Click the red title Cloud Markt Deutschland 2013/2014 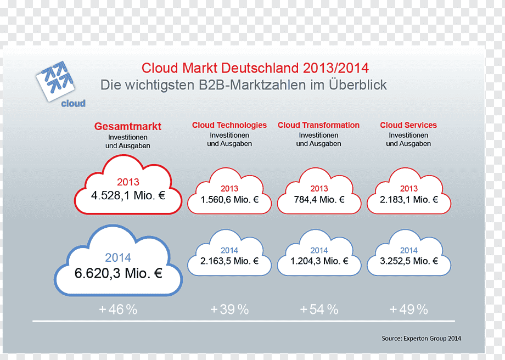click(255, 68)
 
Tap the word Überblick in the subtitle click(358, 85)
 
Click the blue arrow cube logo click(55, 81)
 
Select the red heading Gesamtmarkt click(128, 126)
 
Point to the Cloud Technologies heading click(229, 125)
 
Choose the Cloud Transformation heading click(318, 125)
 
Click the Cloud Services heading click(408, 125)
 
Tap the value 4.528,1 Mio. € click(128, 195)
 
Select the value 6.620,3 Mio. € click(119, 273)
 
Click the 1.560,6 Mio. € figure click(229, 200)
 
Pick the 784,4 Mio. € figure click(319, 200)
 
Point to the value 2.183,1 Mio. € click(409, 200)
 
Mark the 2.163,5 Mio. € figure click(229, 261)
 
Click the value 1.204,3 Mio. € click(319, 261)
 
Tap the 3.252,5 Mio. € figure click(409, 261)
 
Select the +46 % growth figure click(118, 310)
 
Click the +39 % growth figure click(229, 310)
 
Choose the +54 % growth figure click(319, 310)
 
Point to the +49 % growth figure click(409, 310)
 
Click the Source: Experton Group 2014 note click(421, 339)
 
